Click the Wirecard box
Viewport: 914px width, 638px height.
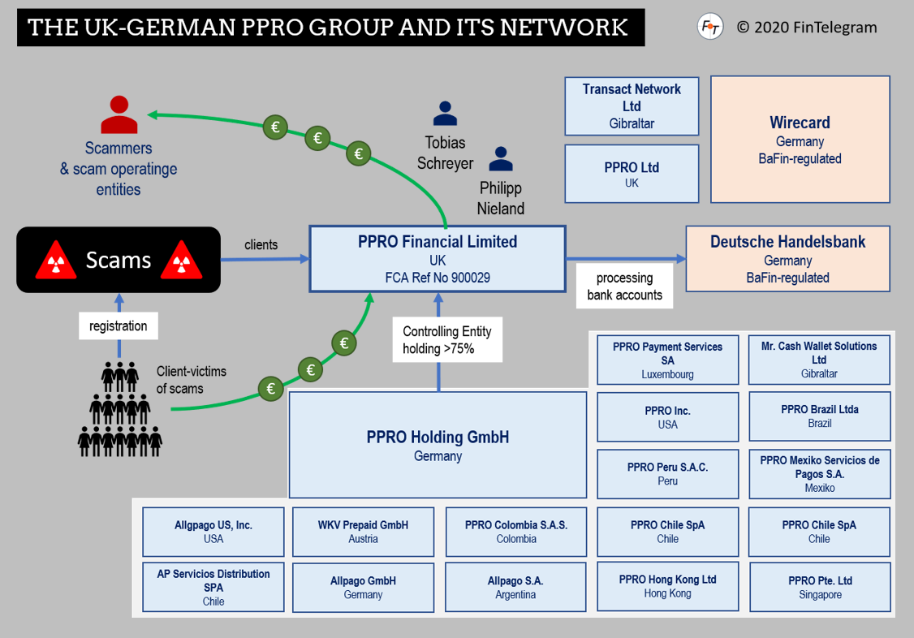pyautogui.click(x=800, y=139)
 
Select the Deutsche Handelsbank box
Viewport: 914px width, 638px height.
pyautogui.click(x=787, y=259)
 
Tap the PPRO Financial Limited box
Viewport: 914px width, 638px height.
pyautogui.click(x=438, y=259)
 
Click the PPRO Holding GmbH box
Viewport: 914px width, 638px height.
pyautogui.click(x=438, y=445)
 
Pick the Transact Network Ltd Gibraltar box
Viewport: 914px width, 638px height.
pyautogui.click(x=632, y=106)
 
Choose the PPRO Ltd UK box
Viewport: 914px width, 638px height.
pyautogui.click(x=632, y=174)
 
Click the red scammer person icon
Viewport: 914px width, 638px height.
pyautogui.click(x=119, y=114)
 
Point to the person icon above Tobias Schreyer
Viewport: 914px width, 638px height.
pyautogui.click(x=445, y=113)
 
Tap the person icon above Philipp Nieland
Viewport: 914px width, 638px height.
pyautogui.click(x=501, y=159)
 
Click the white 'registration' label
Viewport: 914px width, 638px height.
pyautogui.click(x=119, y=326)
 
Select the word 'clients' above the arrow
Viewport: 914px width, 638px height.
pyautogui.click(x=261, y=244)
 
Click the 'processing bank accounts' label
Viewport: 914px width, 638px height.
pyautogui.click(x=624, y=287)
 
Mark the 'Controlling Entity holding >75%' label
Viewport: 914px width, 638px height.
pyautogui.click(x=447, y=340)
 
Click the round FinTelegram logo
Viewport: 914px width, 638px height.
pyautogui.click(x=710, y=27)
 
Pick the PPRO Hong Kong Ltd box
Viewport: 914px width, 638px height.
pyautogui.click(x=667, y=586)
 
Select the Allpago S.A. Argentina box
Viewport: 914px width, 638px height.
pyautogui.click(x=515, y=587)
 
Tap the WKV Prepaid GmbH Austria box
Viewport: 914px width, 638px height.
pyautogui.click(x=363, y=532)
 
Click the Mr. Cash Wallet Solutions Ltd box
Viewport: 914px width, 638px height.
pyautogui.click(x=818, y=360)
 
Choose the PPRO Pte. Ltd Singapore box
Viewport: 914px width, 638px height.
pyautogui.click(x=819, y=587)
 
